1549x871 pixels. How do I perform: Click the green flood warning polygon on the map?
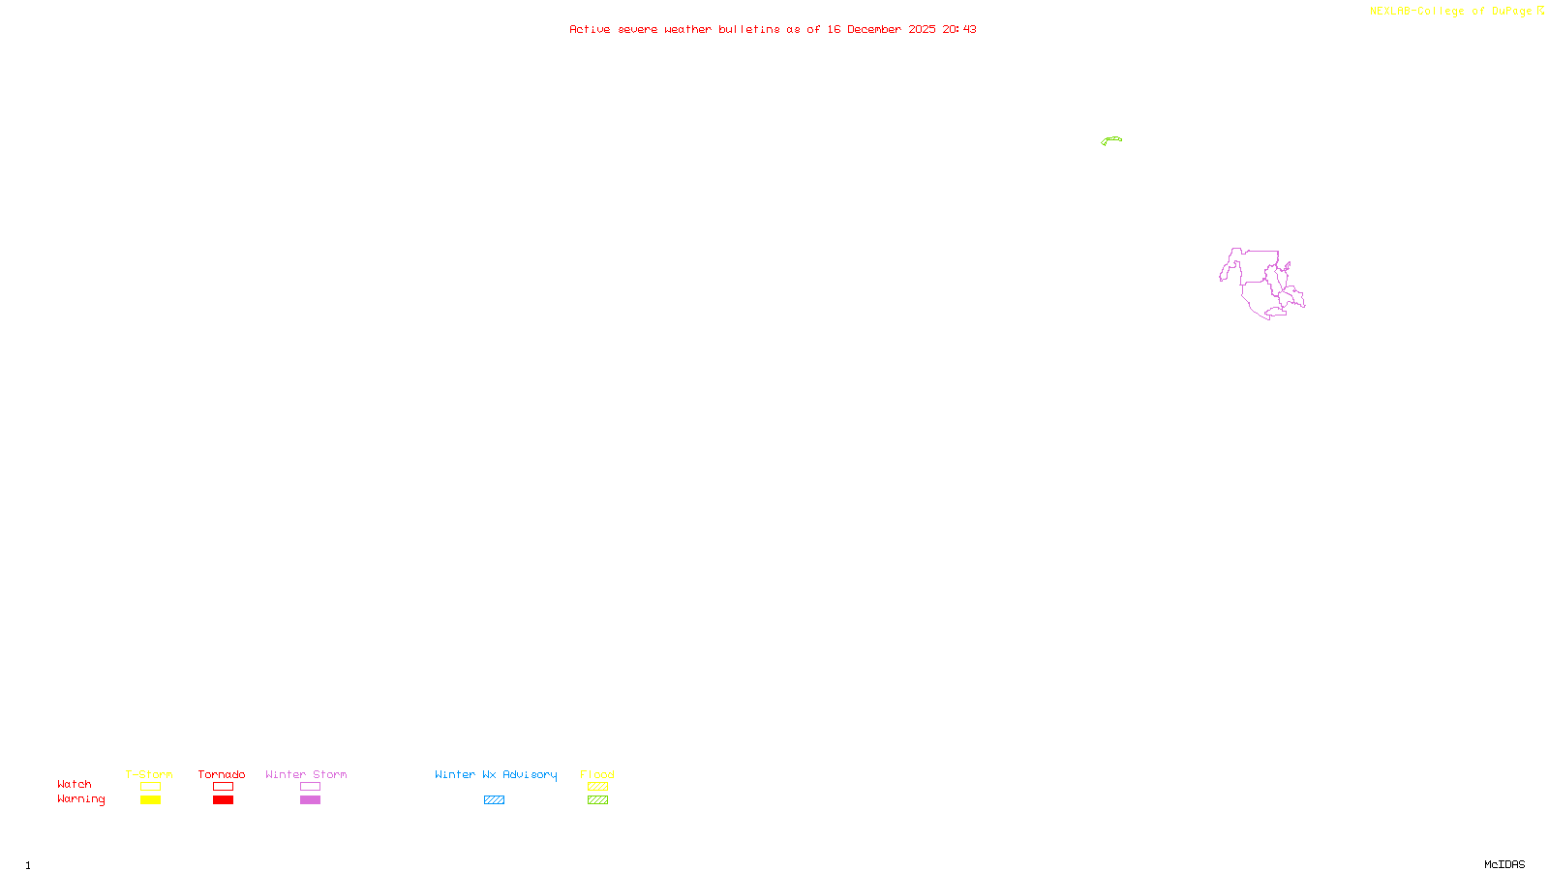1111,140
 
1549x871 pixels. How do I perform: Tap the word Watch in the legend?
75,784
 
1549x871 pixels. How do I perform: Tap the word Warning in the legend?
81,799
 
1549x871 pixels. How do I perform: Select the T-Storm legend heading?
149,774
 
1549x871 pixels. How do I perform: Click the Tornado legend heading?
222,774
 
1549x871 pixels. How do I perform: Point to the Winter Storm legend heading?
306,774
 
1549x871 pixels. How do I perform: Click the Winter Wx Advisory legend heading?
496,774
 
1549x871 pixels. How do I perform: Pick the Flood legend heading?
597,774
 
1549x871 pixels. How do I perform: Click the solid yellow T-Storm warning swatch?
150,800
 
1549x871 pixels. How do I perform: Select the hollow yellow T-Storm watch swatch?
150,787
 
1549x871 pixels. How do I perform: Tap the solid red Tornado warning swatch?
223,800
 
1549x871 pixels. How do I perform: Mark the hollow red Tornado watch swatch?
223,787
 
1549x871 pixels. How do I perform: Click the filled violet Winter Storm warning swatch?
310,800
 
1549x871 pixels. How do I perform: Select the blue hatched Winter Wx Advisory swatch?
494,800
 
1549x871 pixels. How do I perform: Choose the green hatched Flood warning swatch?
597,800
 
